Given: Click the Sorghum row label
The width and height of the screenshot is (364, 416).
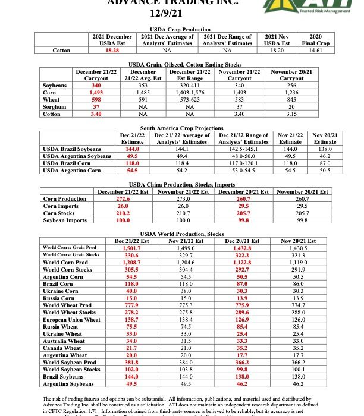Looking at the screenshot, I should [55, 106].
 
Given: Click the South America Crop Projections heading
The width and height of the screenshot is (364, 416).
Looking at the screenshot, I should [181, 128].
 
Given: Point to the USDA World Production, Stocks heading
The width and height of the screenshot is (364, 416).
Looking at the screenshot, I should [181, 234].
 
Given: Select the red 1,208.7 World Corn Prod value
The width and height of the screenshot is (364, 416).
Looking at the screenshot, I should [130, 261].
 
